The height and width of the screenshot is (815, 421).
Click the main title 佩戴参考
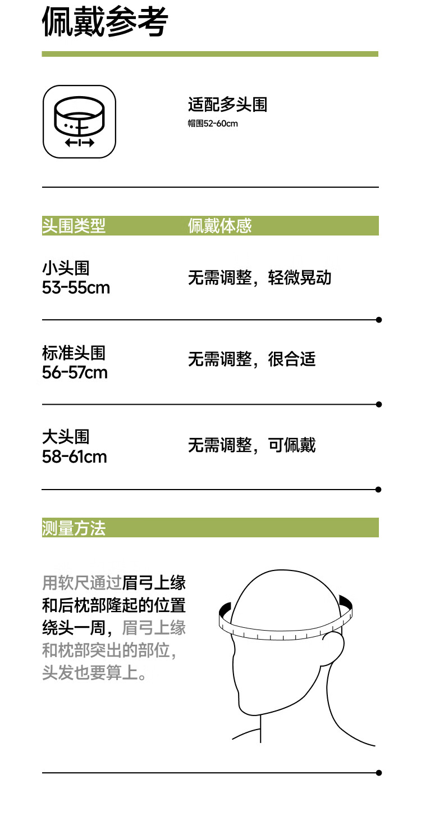[105, 24]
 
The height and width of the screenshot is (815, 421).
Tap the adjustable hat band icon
[79, 121]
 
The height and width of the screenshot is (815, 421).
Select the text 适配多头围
[227, 105]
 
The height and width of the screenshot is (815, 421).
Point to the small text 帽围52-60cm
[213, 123]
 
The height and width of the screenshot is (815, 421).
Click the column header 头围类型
[74, 226]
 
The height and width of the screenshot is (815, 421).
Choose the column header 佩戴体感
[219, 226]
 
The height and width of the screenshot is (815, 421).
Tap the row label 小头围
[66, 268]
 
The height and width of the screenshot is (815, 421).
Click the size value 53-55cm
[76, 288]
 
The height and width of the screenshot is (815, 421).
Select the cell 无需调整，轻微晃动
[259, 278]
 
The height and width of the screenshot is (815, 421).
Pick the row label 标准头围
[74, 352]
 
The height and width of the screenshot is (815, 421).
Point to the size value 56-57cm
[75, 372]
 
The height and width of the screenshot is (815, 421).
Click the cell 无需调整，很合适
[251, 359]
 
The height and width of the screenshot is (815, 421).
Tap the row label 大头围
[66, 437]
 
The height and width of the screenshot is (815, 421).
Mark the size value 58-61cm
[74, 456]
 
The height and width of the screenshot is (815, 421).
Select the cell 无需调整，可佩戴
[251, 445]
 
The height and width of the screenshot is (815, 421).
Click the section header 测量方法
[74, 528]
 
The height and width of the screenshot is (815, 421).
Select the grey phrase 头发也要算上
[90, 672]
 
